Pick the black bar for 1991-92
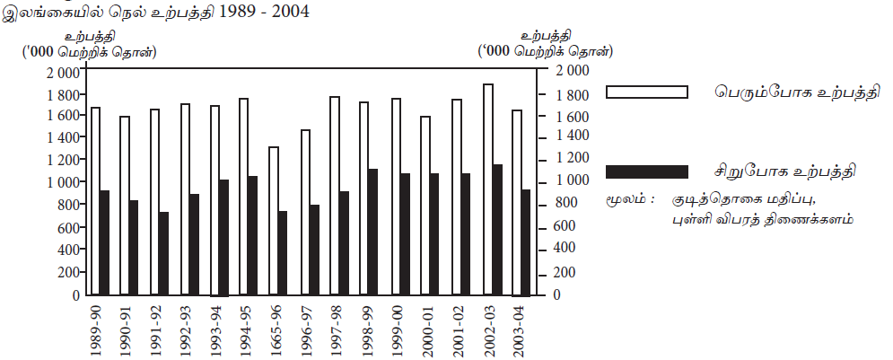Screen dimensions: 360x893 click(x=164, y=253)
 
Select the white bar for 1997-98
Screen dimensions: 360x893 click(x=335, y=195)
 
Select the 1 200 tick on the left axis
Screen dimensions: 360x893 click(x=62, y=160)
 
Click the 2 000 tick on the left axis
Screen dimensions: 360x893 click(x=62, y=71)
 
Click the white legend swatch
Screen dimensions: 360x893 click(x=647, y=92)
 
